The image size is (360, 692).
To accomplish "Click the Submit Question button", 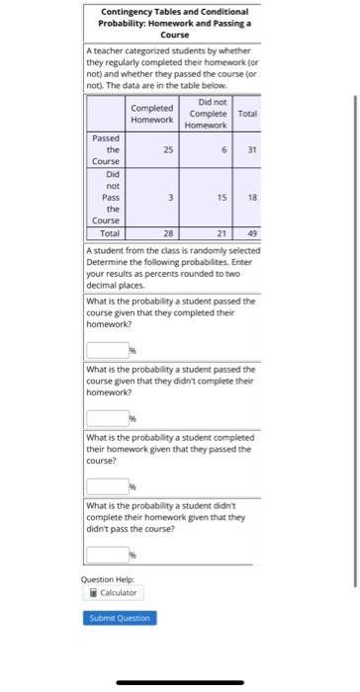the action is click(120, 618).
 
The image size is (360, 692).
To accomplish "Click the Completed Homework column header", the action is click(152, 114).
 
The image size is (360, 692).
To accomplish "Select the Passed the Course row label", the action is click(106, 149).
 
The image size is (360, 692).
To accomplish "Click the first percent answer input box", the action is click(107, 349).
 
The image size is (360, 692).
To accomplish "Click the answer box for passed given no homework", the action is click(107, 418).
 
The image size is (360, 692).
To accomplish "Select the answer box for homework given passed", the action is click(107, 486).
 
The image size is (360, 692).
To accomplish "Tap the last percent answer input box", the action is click(107, 556).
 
